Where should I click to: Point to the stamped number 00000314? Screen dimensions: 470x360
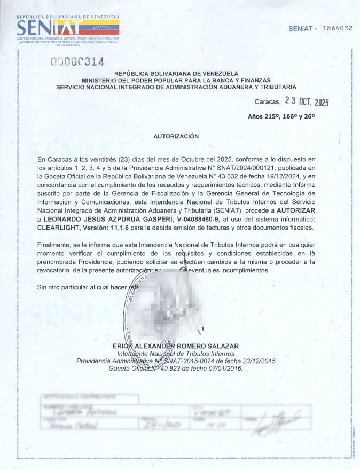77,62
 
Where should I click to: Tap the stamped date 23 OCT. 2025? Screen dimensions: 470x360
307,101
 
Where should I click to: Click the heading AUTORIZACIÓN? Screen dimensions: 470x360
176,136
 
